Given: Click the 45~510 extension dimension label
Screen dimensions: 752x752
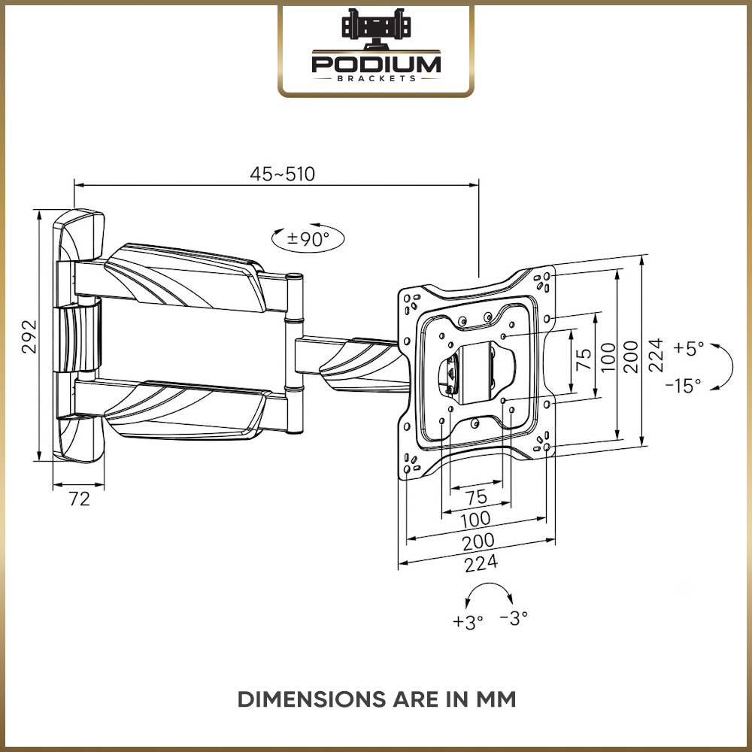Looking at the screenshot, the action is pos(283,174).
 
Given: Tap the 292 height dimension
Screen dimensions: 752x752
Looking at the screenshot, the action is pos(29,336).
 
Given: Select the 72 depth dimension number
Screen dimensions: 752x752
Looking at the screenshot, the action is pos(79,499).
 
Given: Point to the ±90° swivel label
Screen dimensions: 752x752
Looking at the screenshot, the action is pos(308,238).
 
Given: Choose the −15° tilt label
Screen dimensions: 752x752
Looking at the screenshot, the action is pos(683,385).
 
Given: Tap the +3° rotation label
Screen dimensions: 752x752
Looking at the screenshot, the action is pos(468,622).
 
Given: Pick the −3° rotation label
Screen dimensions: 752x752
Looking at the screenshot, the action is pos(514,617).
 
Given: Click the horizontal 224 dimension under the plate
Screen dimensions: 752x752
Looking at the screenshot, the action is pos(481,563).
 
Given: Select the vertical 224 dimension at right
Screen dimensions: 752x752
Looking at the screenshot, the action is pos(656,355).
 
